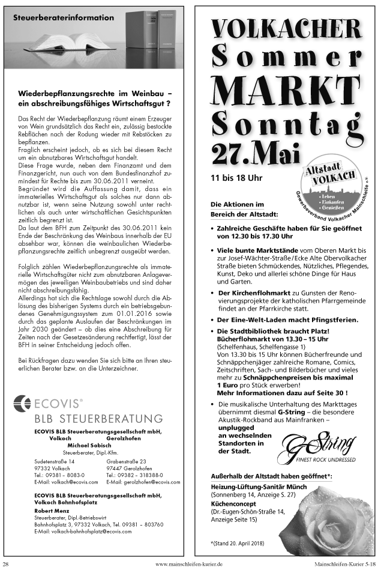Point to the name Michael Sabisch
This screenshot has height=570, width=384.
(x=89, y=445)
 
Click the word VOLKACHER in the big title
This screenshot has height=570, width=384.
(x=286, y=28)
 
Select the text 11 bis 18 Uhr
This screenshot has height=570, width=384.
(x=236, y=178)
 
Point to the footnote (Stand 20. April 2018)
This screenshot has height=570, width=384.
(x=238, y=543)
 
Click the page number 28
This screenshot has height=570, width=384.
(x=6, y=564)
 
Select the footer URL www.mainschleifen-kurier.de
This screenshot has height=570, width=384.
(x=189, y=564)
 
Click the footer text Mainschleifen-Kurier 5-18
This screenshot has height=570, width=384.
(x=346, y=564)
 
